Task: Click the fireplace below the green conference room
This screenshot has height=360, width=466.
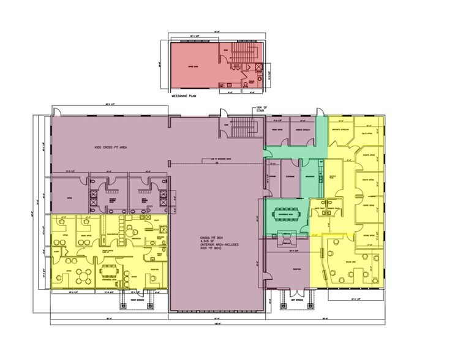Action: pyautogui.click(x=287, y=236)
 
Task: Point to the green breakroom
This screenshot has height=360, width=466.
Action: pyautogui.click(x=311, y=178)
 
